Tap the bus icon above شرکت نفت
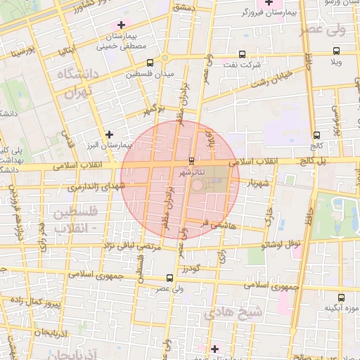click(243, 54)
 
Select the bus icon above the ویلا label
click(336, 51)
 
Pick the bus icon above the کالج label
click(317, 134)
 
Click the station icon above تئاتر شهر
click(193, 160)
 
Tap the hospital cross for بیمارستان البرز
click(108, 134)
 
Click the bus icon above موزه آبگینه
click(341, 297)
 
